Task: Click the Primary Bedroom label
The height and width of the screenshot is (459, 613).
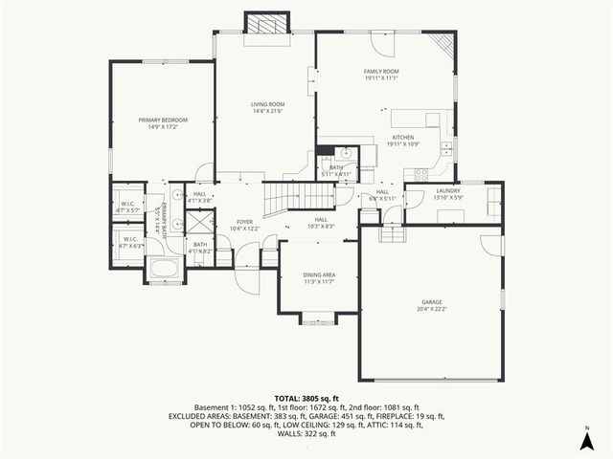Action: click(163, 120)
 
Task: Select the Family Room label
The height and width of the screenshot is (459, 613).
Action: click(381, 72)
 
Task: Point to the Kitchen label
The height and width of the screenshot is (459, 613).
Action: click(402, 138)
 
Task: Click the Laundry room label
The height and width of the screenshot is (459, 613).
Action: click(448, 190)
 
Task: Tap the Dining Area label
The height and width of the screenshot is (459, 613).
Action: click(318, 275)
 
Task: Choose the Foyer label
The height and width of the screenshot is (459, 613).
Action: click(245, 222)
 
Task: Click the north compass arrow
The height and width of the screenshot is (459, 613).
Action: click(586, 439)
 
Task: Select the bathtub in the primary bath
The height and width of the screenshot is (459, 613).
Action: click(165, 269)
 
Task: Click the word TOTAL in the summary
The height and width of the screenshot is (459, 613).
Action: click(289, 398)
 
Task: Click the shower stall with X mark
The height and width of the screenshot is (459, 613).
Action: click(199, 222)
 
